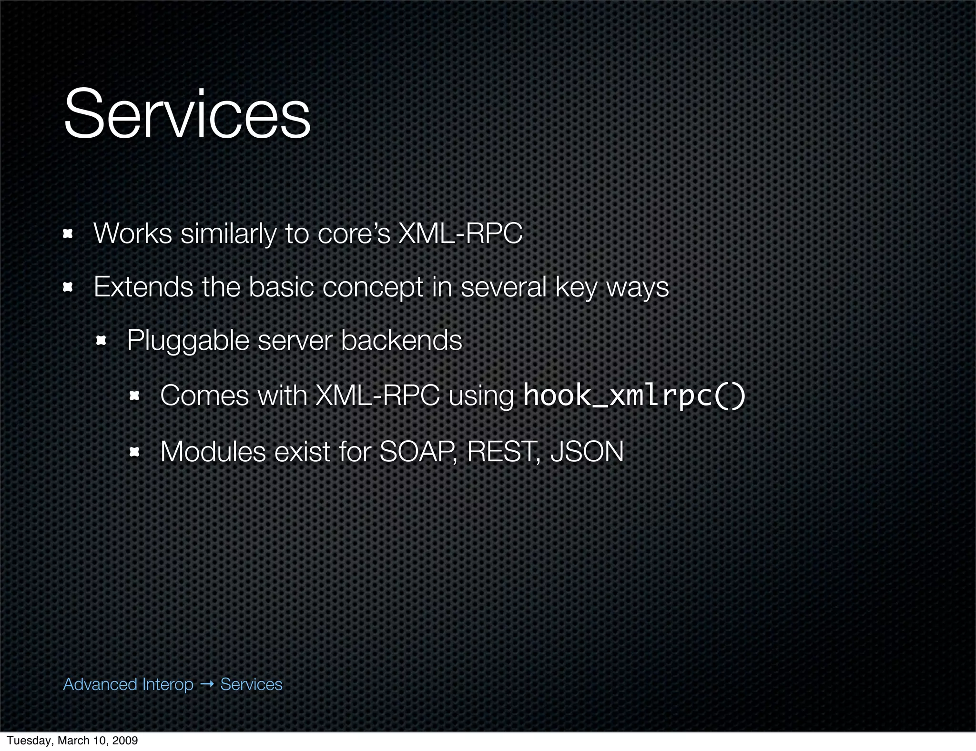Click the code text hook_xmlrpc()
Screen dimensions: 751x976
[x=634, y=396]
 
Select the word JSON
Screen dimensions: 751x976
[x=587, y=452]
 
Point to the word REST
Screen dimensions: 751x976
[x=502, y=452]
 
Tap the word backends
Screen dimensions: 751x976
[x=401, y=340]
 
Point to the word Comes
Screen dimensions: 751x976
[x=204, y=396]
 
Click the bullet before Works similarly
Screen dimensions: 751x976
[x=68, y=234]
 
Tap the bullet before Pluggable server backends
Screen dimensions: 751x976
[x=101, y=341]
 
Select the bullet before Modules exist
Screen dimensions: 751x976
[x=134, y=452]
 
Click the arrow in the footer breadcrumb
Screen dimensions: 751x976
[x=207, y=684]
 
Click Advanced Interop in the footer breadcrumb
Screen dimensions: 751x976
[x=128, y=684]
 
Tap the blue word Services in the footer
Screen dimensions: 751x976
[x=251, y=684]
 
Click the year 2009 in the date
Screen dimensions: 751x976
[x=125, y=741]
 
